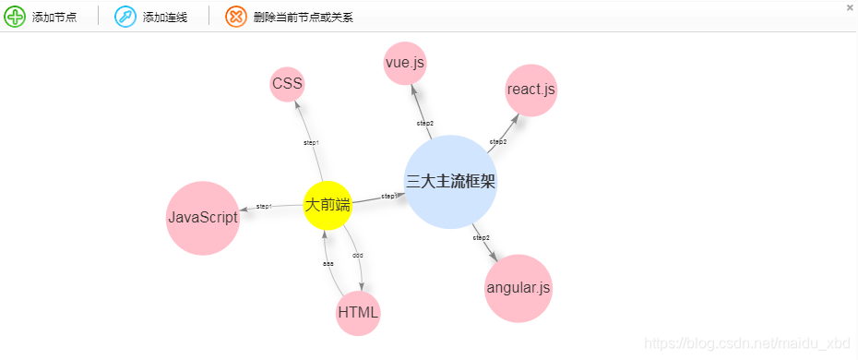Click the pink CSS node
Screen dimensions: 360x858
(x=287, y=85)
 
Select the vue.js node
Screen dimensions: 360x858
(x=405, y=63)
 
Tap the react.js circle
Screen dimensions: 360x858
(x=531, y=90)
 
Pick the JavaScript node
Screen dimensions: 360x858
(x=203, y=218)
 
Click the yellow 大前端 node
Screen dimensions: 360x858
(x=328, y=205)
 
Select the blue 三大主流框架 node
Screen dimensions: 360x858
(x=451, y=182)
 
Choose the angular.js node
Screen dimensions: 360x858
(x=518, y=288)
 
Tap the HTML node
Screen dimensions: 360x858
(x=358, y=312)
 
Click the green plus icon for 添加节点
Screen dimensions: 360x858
(x=15, y=17)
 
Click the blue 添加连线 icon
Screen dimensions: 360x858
(x=125, y=17)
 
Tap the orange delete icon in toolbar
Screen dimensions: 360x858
(x=236, y=17)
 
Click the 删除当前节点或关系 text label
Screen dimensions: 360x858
(x=303, y=18)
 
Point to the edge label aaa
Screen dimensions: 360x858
(x=328, y=264)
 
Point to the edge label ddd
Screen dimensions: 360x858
(x=358, y=255)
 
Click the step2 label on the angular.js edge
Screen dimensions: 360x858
(x=481, y=238)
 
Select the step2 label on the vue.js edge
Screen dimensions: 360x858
(x=424, y=123)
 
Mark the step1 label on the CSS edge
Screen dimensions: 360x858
(x=311, y=142)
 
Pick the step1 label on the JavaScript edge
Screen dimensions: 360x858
(x=264, y=206)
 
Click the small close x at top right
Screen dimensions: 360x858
(x=850, y=7)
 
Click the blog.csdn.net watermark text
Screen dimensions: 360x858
(x=746, y=343)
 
